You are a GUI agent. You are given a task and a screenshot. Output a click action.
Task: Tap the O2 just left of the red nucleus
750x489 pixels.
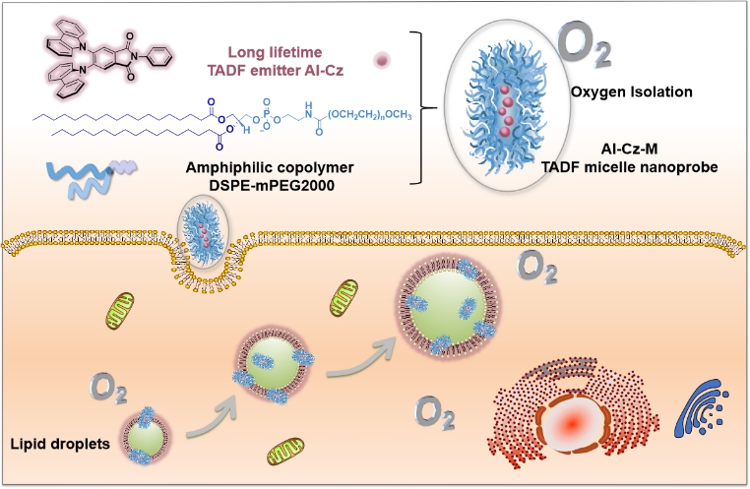[x=433, y=411]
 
